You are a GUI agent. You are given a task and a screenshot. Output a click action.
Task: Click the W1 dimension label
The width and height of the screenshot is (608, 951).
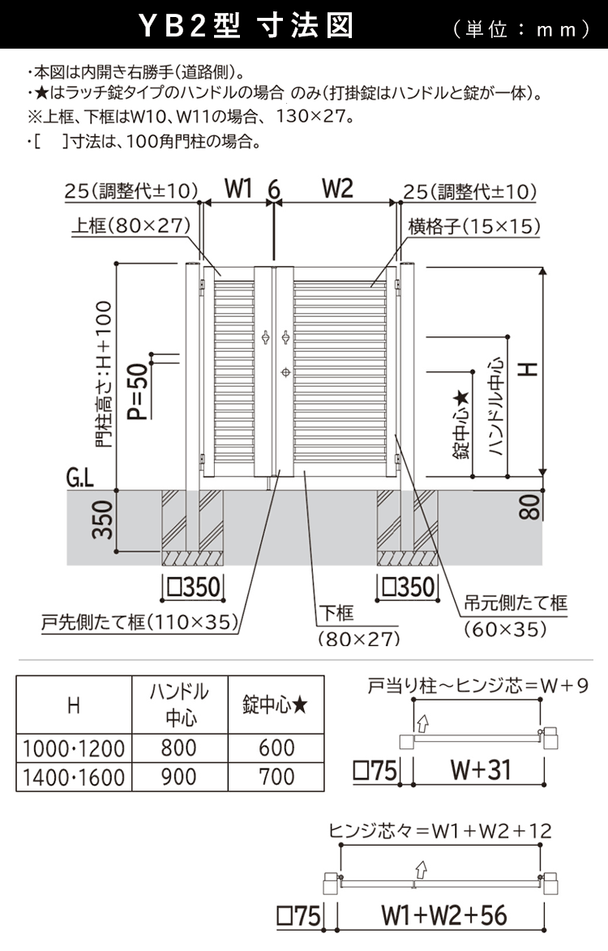tap(238, 190)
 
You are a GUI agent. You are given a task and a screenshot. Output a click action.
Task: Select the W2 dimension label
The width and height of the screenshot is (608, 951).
tap(337, 190)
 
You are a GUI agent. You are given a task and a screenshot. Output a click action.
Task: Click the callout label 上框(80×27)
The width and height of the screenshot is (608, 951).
tap(130, 226)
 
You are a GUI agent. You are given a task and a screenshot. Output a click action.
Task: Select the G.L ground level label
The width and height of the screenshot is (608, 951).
tap(80, 478)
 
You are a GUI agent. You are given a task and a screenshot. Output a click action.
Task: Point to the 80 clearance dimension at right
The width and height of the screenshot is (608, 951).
tap(529, 508)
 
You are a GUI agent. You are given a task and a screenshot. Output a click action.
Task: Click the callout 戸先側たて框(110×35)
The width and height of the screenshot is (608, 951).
tap(139, 623)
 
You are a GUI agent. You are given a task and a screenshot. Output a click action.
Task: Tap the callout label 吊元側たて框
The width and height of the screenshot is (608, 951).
tap(515, 602)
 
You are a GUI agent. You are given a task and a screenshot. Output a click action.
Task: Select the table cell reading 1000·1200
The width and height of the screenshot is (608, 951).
tap(74, 748)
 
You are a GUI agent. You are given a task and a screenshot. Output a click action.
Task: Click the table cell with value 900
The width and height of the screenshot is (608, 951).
tap(178, 777)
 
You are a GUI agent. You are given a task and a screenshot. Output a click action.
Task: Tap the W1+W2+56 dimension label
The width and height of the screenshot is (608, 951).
tap(444, 915)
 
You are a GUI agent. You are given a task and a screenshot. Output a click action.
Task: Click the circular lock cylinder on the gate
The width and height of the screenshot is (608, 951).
tap(285, 372)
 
